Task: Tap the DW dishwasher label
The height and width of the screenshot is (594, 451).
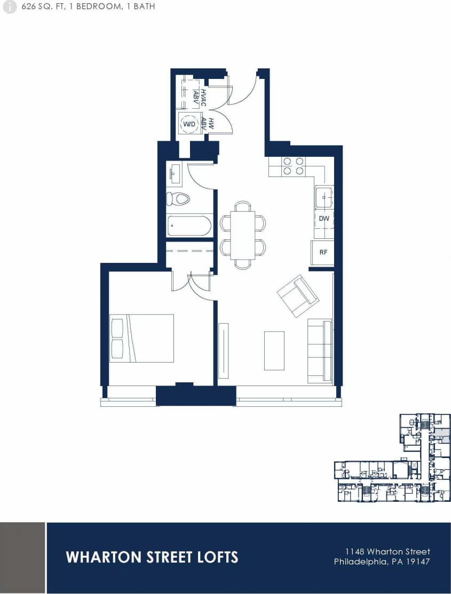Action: click(323, 219)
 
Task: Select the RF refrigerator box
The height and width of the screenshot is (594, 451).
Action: click(323, 253)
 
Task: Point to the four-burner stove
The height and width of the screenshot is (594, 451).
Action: click(293, 166)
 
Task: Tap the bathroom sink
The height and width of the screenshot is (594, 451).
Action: click(174, 174)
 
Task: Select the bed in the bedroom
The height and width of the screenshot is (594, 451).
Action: click(141, 338)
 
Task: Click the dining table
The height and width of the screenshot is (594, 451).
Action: click(243, 235)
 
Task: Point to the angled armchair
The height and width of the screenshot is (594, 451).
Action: click(297, 296)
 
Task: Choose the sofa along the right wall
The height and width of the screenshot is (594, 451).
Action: click(320, 351)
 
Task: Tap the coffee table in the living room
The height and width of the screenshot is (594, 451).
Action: click(274, 350)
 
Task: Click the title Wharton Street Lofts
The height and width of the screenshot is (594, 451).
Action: click(152, 557)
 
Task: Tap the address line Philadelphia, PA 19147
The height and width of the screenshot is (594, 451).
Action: click(382, 561)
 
